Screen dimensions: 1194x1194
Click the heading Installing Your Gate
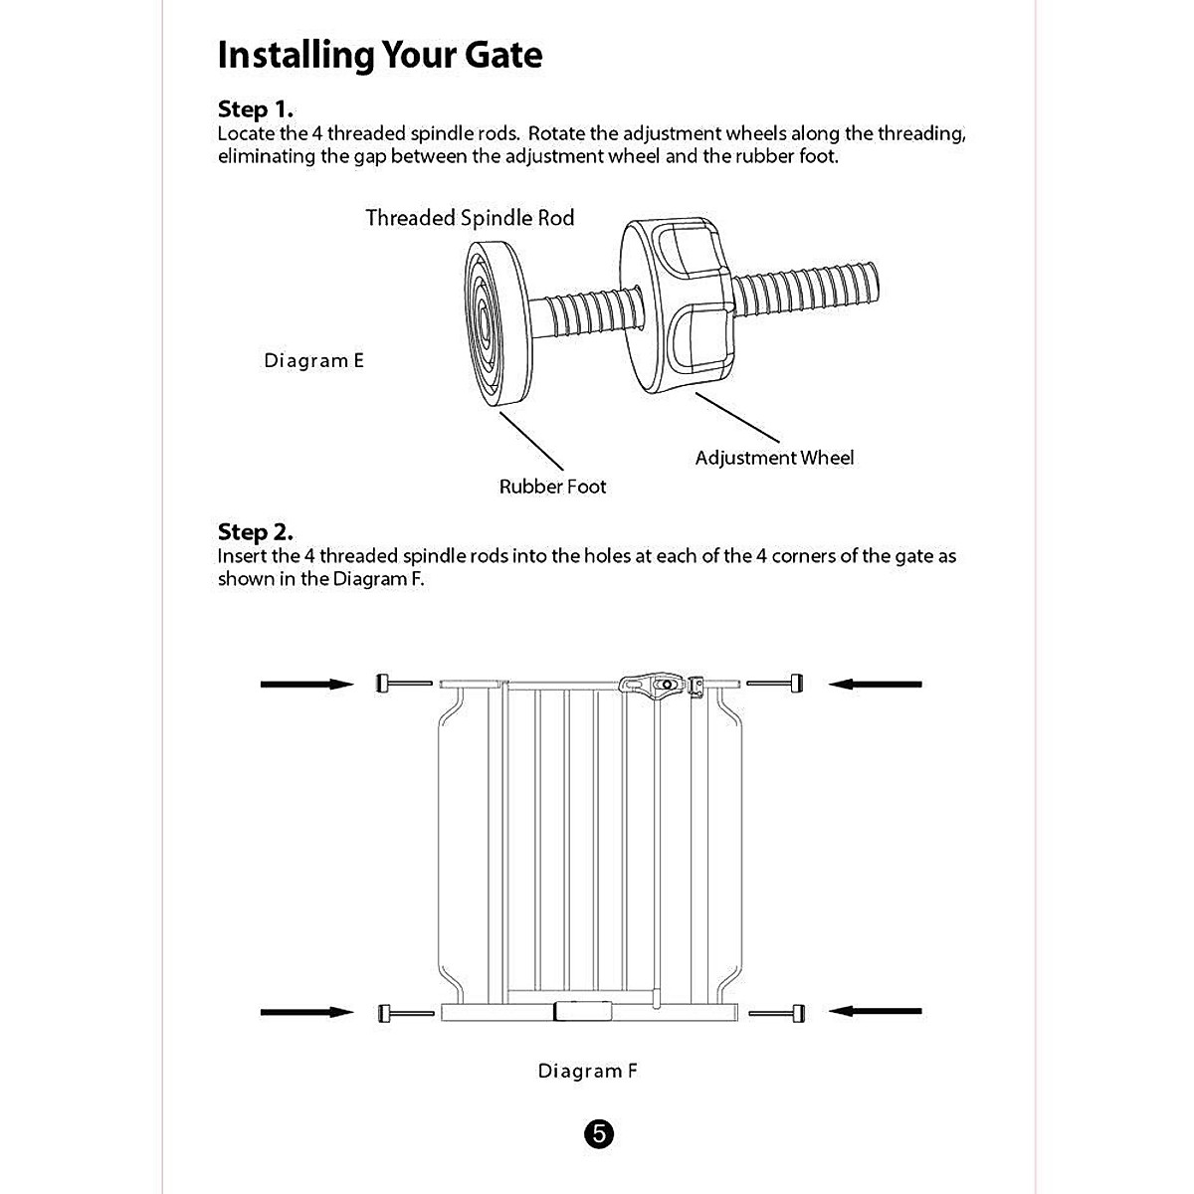point(379,55)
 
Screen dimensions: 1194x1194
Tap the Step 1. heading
point(255,109)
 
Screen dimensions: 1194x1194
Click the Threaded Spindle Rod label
point(470,218)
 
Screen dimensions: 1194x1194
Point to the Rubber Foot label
point(552,487)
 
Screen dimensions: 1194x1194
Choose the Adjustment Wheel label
point(774,458)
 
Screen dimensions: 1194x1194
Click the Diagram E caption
point(313,360)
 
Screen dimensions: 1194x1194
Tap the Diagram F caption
point(587,1071)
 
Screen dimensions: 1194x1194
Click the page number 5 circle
point(598,1134)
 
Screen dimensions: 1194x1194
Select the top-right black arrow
point(876,684)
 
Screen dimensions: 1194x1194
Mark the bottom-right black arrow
point(876,1012)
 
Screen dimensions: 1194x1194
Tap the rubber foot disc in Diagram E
point(493,324)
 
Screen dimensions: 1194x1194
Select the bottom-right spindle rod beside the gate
point(777,1013)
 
